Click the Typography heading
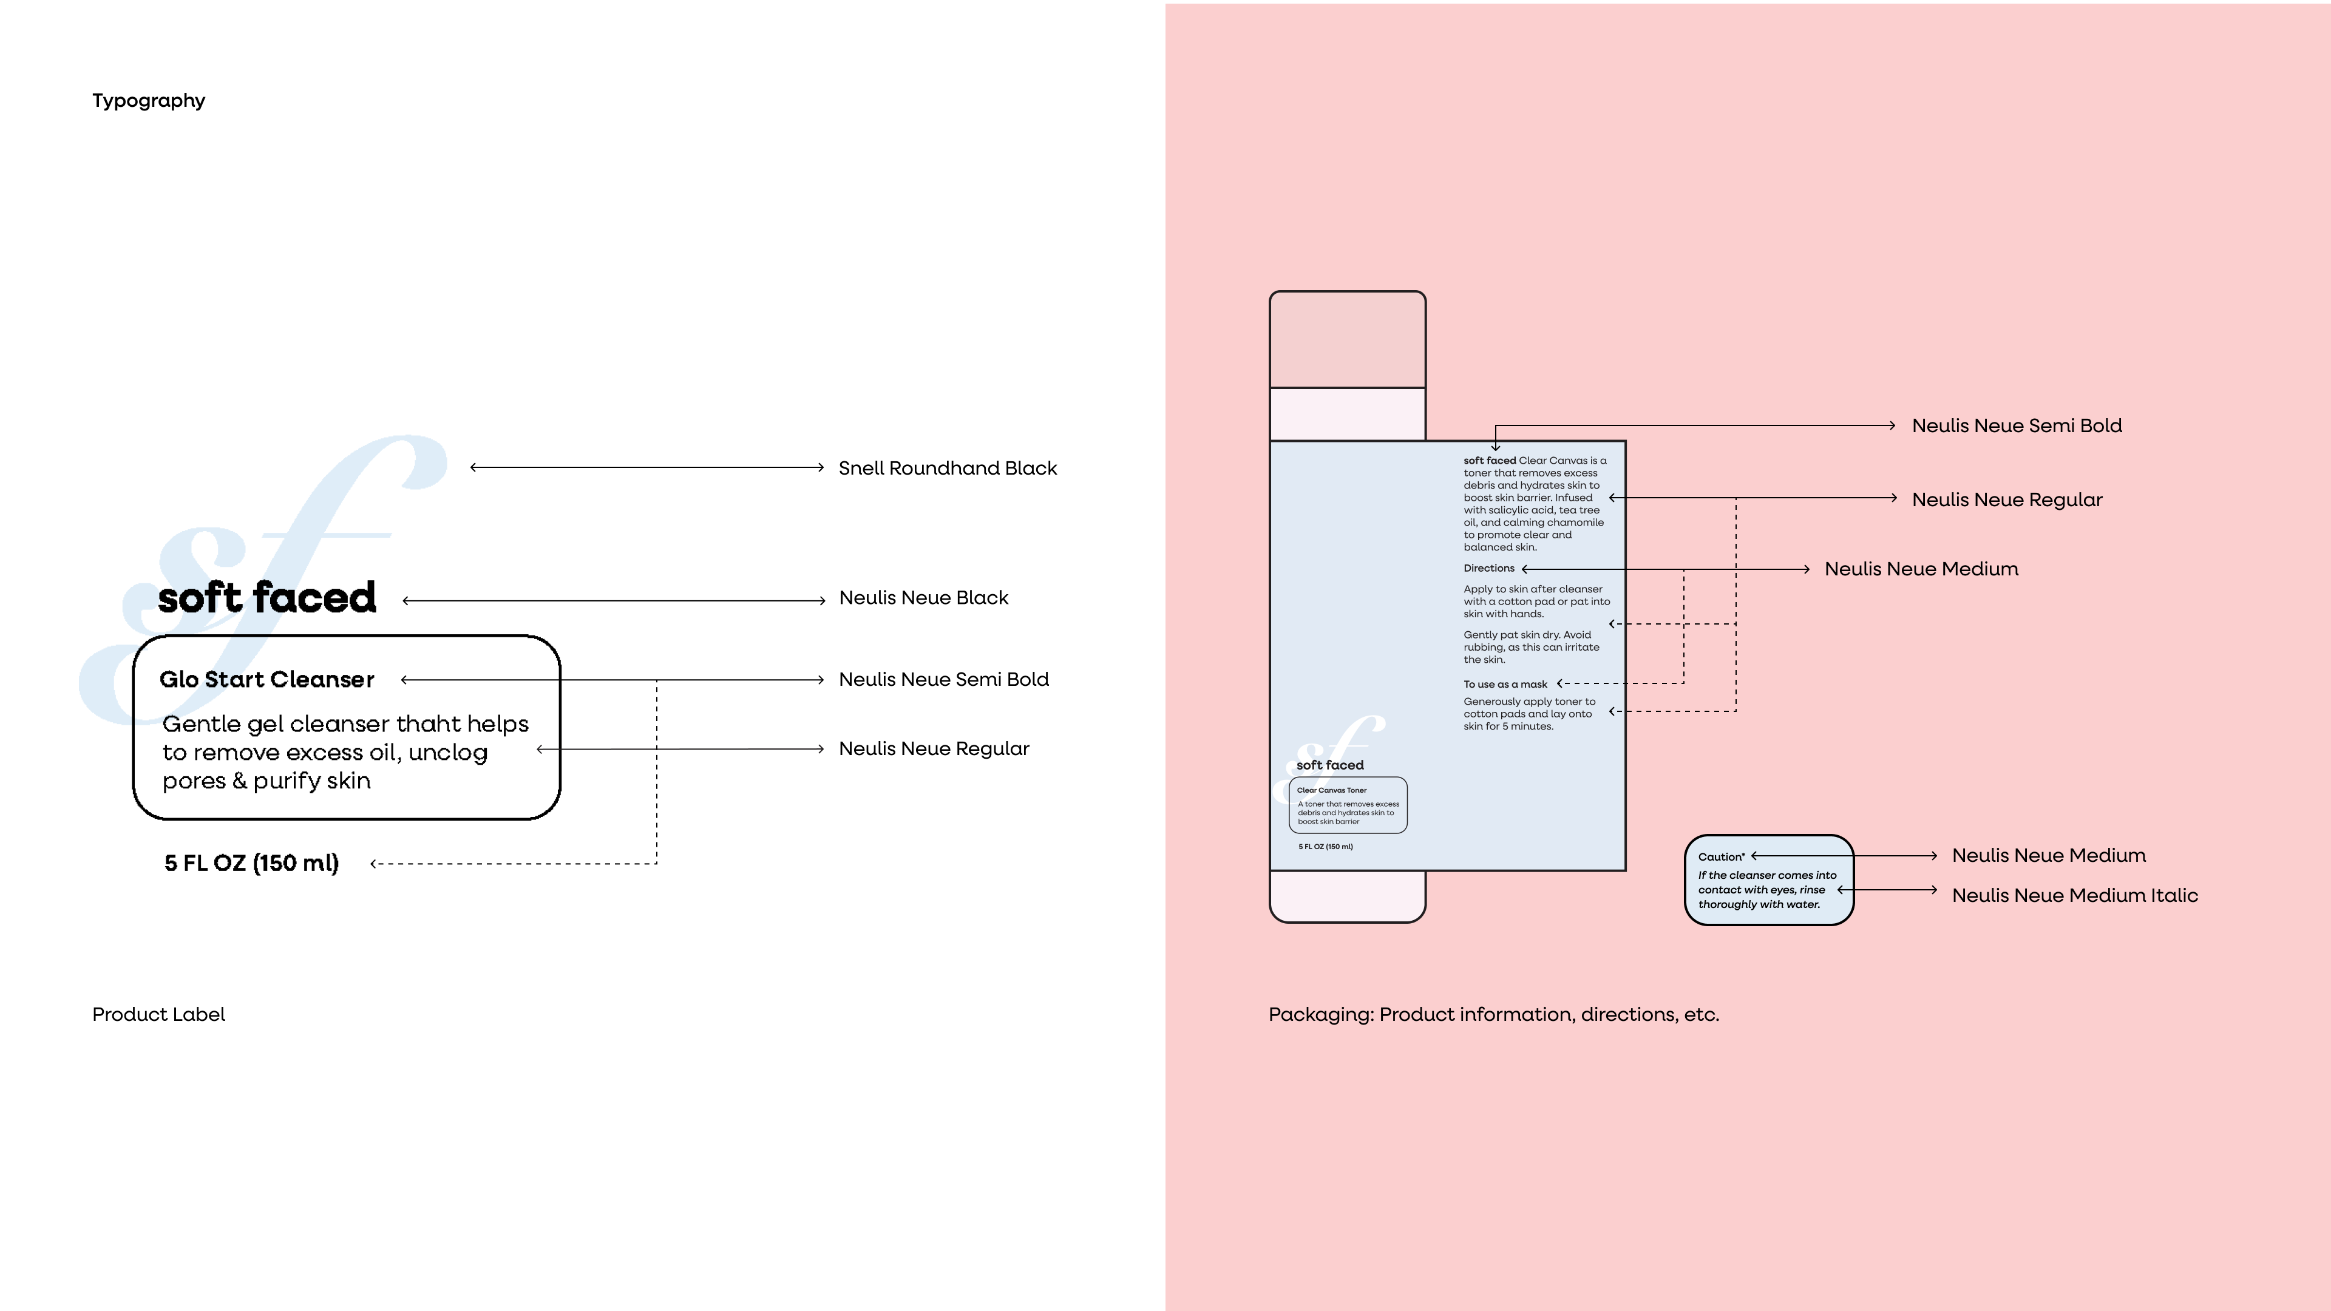click(148, 100)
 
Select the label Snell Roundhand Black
click(946, 468)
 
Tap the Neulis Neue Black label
click(923, 597)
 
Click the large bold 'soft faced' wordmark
click(267, 598)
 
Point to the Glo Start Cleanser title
click(267, 680)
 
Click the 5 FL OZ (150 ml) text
click(251, 863)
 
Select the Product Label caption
click(158, 1014)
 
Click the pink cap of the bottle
click(1348, 340)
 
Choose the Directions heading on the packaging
click(1488, 568)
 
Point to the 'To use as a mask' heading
click(1505, 684)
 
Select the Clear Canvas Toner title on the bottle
click(1331, 790)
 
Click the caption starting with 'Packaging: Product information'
click(1493, 1014)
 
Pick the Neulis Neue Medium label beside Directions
click(1920, 569)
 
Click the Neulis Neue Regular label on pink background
click(2006, 500)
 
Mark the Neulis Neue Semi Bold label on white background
click(943, 680)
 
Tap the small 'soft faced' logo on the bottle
click(1329, 765)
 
